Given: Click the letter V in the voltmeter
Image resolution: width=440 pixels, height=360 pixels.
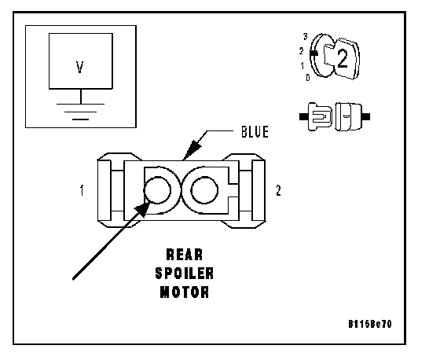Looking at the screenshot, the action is [80, 68].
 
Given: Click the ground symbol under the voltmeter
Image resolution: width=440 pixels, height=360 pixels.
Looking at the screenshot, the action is [80, 112].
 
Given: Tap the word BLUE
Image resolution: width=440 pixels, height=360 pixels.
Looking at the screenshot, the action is [255, 132].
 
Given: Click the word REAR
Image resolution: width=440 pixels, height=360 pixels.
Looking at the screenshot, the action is [185, 255].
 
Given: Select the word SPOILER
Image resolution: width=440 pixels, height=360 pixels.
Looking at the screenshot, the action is [185, 274].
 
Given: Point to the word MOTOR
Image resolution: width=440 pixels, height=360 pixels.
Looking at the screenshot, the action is [185, 292].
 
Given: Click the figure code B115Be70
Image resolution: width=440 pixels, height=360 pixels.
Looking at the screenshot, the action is [370, 324].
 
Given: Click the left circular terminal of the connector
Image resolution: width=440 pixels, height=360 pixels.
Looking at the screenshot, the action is [157, 190].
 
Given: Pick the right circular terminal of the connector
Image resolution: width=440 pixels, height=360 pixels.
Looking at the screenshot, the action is [204, 190].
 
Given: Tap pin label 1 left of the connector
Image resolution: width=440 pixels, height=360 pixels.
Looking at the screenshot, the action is [82, 190].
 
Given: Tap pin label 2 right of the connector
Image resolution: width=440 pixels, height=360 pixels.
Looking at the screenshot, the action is [278, 190].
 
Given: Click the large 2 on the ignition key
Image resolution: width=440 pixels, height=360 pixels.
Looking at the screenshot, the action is [343, 59].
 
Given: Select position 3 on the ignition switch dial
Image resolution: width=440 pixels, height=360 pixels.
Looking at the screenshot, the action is [306, 36].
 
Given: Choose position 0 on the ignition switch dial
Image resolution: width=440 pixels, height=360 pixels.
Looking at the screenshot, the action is [308, 78].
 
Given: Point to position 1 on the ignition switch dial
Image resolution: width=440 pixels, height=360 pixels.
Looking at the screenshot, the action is [302, 66].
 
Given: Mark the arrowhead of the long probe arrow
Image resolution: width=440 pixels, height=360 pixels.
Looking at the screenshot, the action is [142, 209].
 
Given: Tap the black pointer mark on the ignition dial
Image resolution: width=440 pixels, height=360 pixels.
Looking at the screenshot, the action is [313, 53].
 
